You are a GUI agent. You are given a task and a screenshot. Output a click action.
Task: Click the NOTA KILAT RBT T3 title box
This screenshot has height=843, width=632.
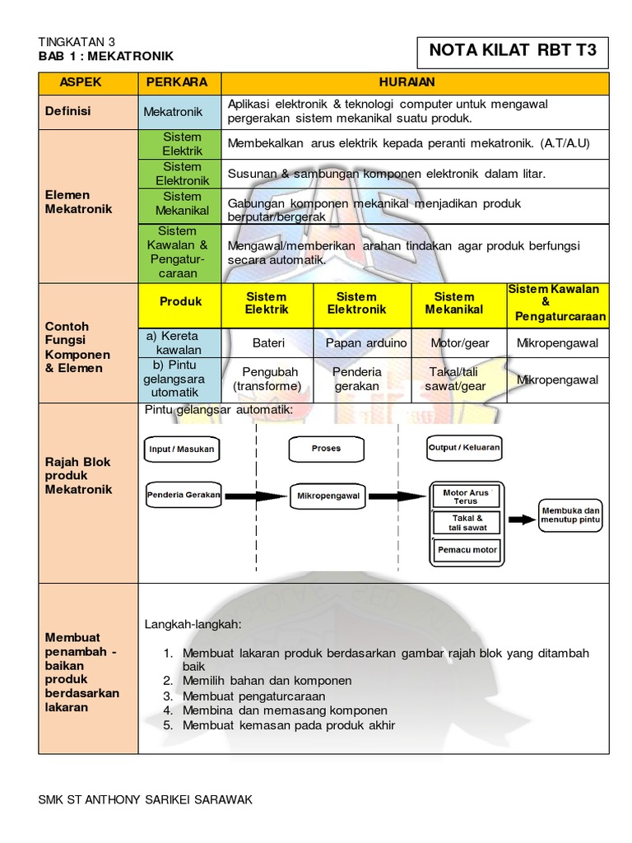coord(512,51)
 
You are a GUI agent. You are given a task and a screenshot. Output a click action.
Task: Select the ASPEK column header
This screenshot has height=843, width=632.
coord(88,83)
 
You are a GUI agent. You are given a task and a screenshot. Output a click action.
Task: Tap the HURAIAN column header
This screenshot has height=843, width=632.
coord(415,83)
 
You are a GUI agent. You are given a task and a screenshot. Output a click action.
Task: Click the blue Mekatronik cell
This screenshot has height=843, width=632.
coord(179,111)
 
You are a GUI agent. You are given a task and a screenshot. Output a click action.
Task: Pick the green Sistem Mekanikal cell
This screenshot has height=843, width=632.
coord(182,204)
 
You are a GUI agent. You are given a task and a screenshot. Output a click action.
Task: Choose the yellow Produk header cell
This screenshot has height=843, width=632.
coord(180,302)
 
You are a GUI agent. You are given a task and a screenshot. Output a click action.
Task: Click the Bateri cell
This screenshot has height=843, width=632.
coord(267,342)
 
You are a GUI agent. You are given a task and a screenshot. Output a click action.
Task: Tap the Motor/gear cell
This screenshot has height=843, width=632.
coord(460,342)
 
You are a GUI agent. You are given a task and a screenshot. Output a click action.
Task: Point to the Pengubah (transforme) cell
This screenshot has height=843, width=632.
coord(267,380)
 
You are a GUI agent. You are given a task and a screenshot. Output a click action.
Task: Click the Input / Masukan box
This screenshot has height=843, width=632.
coord(182,449)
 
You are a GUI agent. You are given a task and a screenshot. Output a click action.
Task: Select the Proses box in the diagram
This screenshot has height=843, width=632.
coord(326,449)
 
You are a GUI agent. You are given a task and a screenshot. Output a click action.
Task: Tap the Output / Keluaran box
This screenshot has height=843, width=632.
coord(464,449)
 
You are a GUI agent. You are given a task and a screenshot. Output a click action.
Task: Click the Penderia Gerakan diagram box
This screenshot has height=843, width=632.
coord(184,495)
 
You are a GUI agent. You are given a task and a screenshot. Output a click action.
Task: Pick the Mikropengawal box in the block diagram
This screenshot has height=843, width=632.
coord(327,496)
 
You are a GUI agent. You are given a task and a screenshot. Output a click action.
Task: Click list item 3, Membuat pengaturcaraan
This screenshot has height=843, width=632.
coord(254,696)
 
